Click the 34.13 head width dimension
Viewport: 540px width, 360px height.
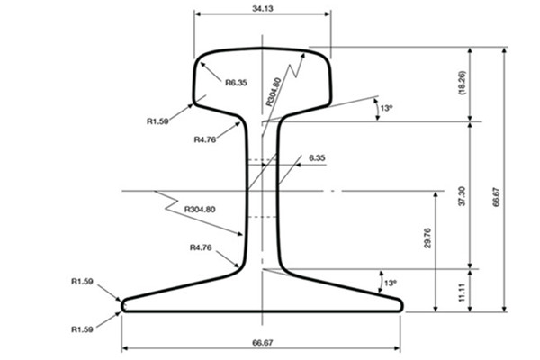pos(263,9)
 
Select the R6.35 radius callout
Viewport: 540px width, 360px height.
pos(236,83)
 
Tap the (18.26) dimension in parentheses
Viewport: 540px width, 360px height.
pos(462,83)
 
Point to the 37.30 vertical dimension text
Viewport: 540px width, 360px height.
pos(462,196)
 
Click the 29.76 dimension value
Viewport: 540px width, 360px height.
pos(427,238)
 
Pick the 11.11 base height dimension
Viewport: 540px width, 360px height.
pos(462,292)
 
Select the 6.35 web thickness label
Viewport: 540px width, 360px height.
pos(317,158)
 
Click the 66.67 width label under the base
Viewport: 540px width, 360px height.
pos(263,343)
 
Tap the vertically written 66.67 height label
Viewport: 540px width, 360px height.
pos(496,197)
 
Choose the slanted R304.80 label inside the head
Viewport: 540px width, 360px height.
pos(274,92)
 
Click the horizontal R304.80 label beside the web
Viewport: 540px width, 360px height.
pos(200,209)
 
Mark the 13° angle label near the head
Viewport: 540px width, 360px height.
pos(386,108)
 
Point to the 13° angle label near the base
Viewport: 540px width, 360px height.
pos(391,283)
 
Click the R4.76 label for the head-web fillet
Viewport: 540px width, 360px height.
pos(205,139)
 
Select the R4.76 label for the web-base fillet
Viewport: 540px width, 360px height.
pos(201,247)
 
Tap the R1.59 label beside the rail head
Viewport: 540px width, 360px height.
pos(157,121)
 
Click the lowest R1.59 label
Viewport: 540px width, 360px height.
pos(82,329)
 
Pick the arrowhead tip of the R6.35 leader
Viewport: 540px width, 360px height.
pos(201,62)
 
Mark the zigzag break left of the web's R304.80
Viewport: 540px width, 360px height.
pos(167,201)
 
